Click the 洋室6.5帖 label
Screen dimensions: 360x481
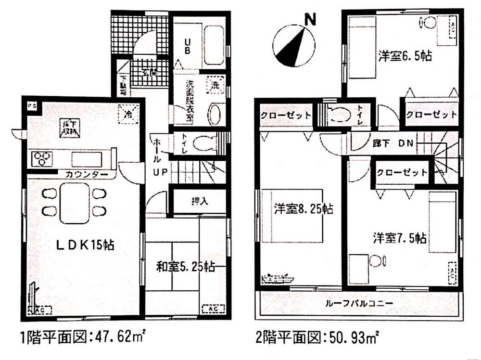pyautogui.click(x=405, y=56)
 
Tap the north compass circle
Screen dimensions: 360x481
pyautogui.click(x=294, y=47)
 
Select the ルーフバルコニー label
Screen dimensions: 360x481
pyautogui.click(x=359, y=303)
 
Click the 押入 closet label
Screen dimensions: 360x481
pyautogui.click(x=199, y=201)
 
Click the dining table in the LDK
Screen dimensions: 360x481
pyautogui.click(x=75, y=203)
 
